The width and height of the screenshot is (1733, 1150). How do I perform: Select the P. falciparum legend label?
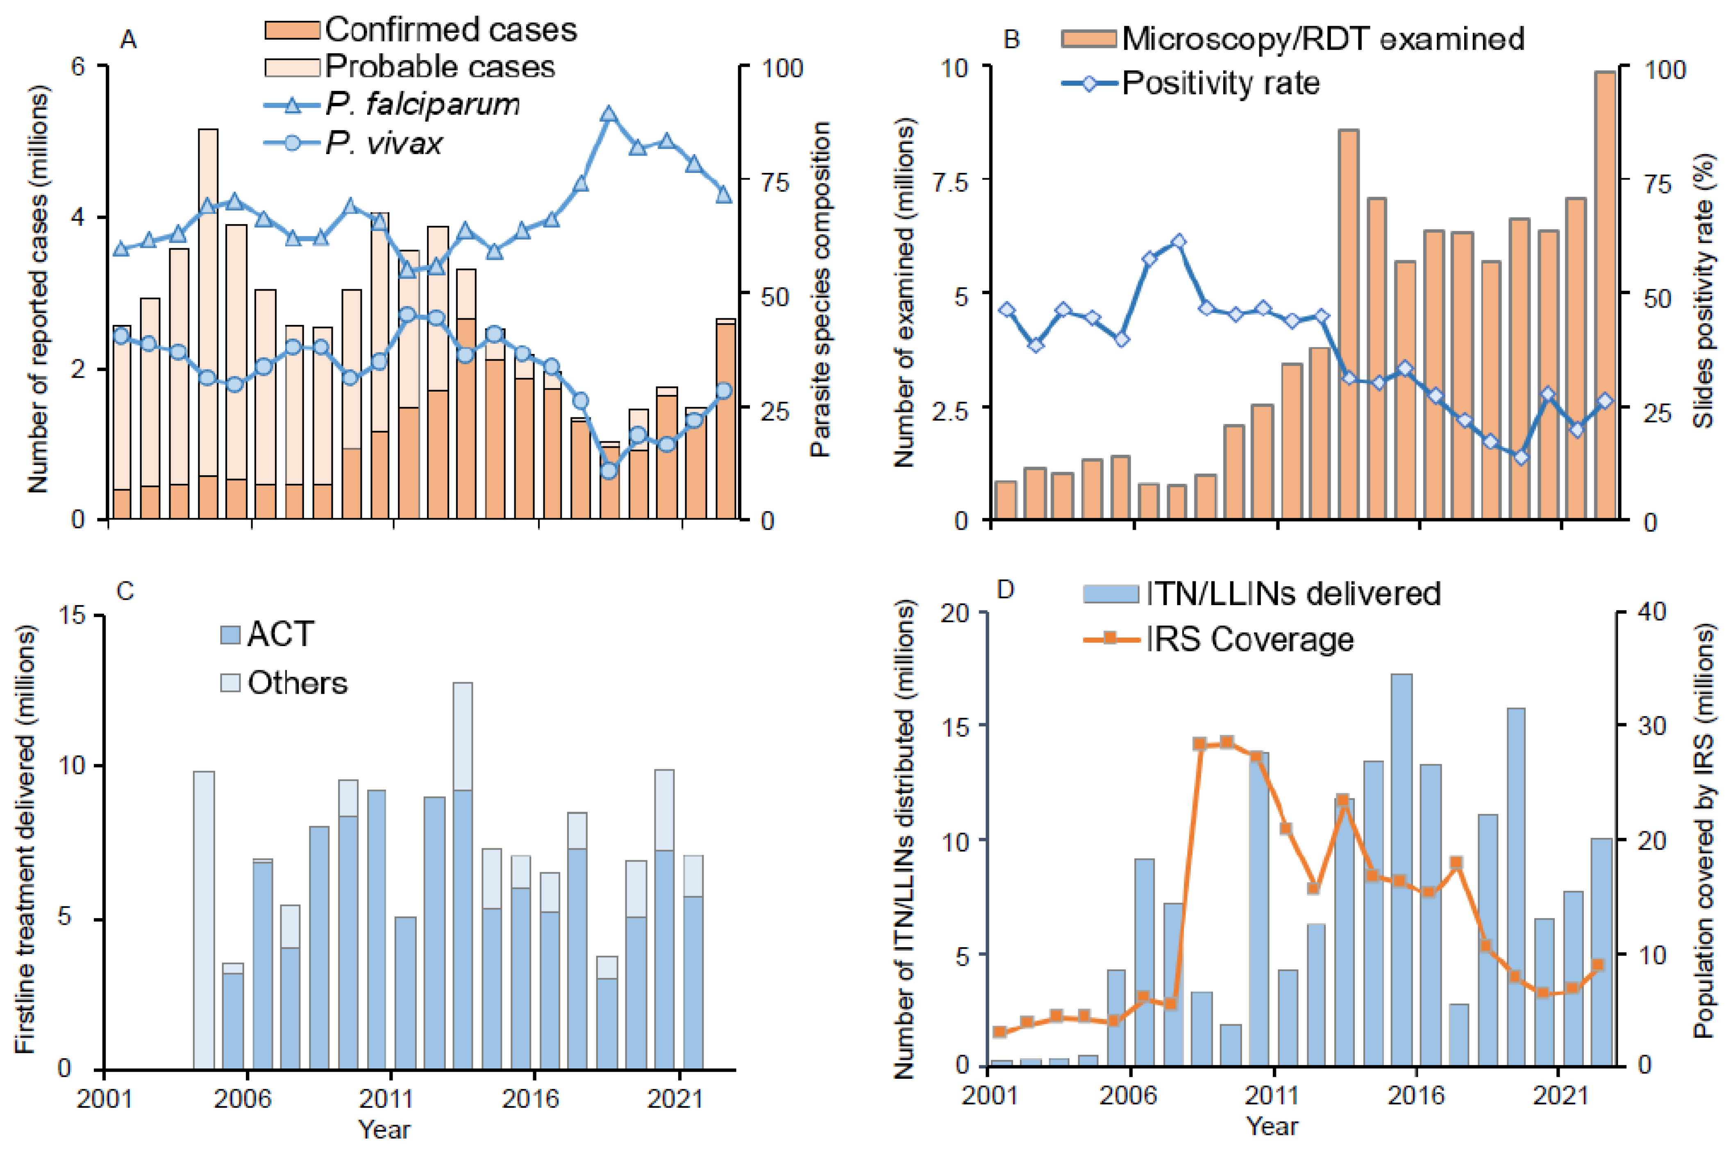(422, 104)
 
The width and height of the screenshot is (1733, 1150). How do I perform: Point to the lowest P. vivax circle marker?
(609, 471)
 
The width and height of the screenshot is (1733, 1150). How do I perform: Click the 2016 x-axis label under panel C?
(529, 1098)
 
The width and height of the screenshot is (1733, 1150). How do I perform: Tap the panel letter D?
(1006, 589)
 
